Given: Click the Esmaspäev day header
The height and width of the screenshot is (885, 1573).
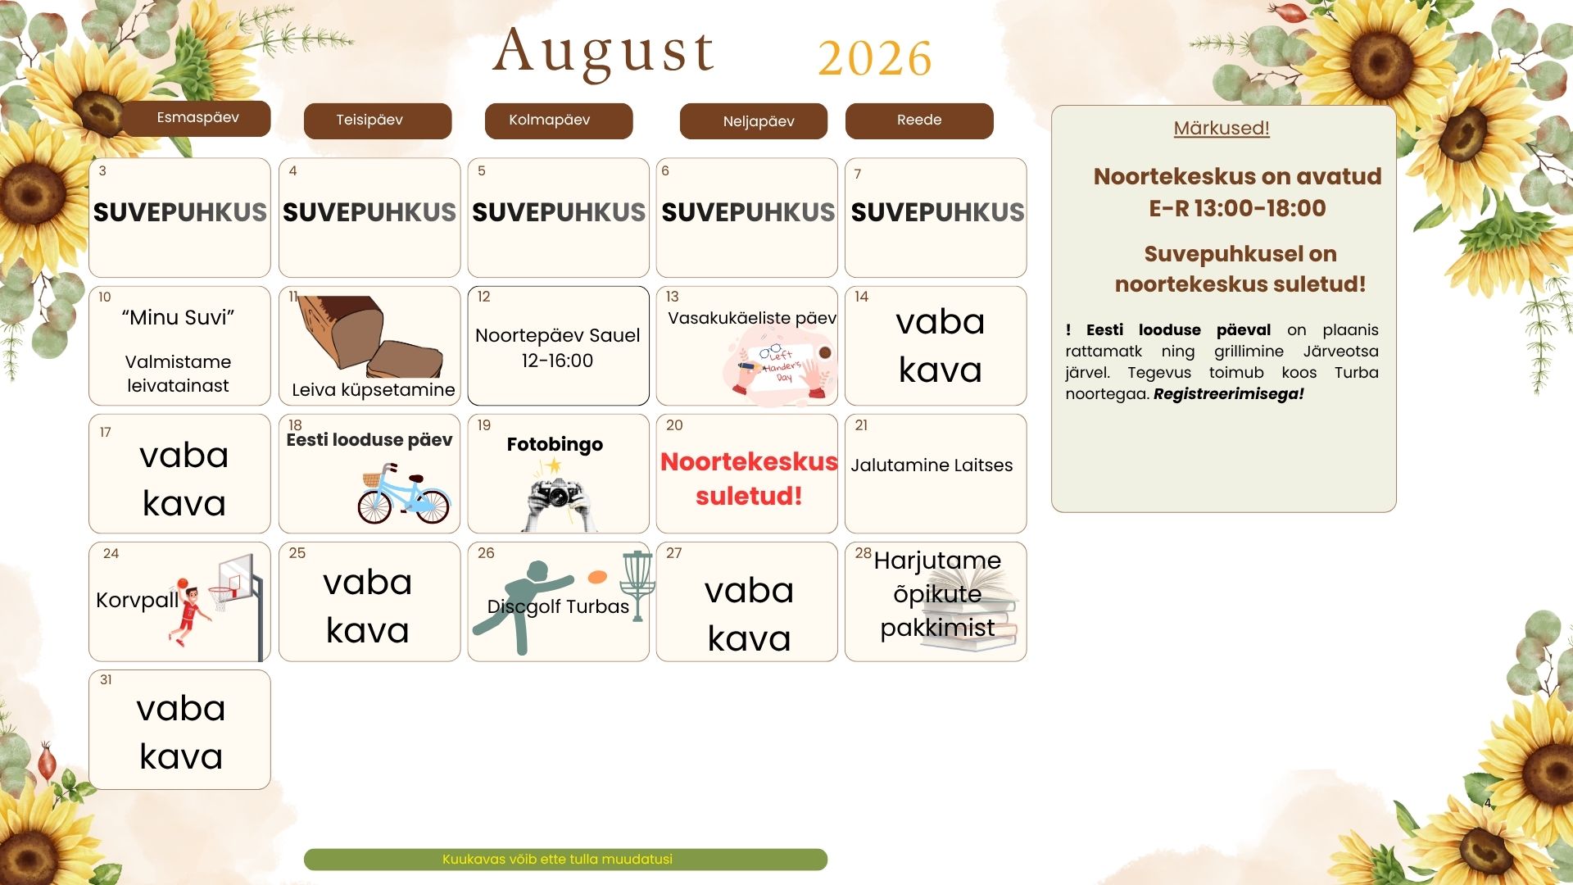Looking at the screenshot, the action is pyautogui.click(x=197, y=118).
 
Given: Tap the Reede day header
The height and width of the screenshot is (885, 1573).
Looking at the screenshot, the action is pyautogui.click(x=919, y=120).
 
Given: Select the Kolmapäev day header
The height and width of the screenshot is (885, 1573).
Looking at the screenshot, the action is pyautogui.click(x=559, y=120).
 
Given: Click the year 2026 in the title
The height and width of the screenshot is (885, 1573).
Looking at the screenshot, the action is pyautogui.click(x=875, y=58).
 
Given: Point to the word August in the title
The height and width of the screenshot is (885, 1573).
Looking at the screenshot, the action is pyautogui.click(x=604, y=52).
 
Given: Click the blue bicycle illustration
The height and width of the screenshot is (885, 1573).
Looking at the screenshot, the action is pyautogui.click(x=404, y=494).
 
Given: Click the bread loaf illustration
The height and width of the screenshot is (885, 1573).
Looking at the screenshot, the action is pyautogui.click(x=370, y=336).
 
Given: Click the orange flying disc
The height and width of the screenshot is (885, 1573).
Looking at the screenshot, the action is pyautogui.click(x=598, y=577).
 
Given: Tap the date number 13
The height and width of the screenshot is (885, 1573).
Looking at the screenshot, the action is pyautogui.click(x=672, y=297).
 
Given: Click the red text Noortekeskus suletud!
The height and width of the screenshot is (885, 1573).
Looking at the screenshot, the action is pyautogui.click(x=749, y=479).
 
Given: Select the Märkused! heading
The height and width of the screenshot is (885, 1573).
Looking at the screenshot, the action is pyautogui.click(x=1222, y=129).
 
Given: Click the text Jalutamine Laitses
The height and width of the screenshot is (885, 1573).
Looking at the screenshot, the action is pyautogui.click(x=932, y=465).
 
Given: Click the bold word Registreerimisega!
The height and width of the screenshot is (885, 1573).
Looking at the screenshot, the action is pyautogui.click(x=1228, y=394).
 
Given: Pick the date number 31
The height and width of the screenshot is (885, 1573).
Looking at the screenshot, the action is pyautogui.click(x=106, y=680).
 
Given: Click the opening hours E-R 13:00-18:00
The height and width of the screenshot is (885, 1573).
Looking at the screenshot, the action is pyautogui.click(x=1237, y=208).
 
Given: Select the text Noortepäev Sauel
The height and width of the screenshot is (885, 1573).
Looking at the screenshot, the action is pyautogui.click(x=557, y=335).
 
